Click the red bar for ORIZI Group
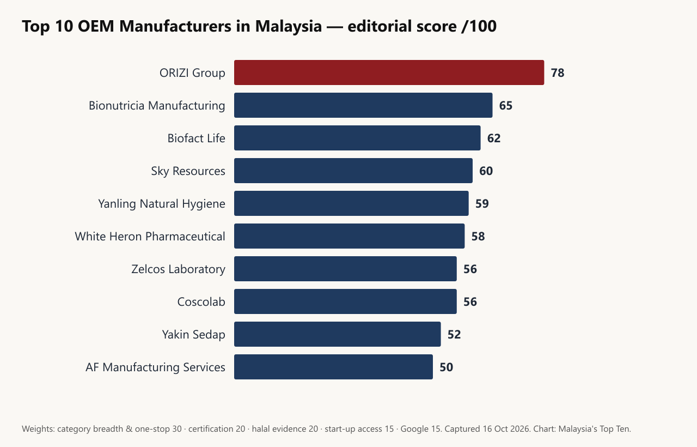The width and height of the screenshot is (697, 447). (x=389, y=73)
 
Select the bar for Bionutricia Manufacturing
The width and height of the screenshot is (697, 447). (x=363, y=105)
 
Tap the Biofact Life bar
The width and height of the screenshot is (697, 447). (x=357, y=138)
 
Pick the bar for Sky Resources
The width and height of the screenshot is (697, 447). (x=353, y=171)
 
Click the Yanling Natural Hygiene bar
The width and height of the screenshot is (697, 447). (x=351, y=203)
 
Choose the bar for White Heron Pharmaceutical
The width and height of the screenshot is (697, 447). (x=350, y=236)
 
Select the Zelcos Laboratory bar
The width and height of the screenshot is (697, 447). (x=345, y=269)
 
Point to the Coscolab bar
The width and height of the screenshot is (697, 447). (x=345, y=301)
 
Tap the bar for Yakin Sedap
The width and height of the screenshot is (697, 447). (x=337, y=334)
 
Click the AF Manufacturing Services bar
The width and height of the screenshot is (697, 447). (x=333, y=367)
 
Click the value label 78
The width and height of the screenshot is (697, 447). (x=558, y=73)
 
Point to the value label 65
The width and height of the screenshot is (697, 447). (x=506, y=106)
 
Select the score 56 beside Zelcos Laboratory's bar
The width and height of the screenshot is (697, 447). (x=470, y=269)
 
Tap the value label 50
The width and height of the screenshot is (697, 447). (x=446, y=367)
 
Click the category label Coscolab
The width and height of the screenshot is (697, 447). (x=201, y=302)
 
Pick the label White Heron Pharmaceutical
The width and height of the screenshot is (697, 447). (x=150, y=237)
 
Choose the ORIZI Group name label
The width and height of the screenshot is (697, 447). (x=192, y=73)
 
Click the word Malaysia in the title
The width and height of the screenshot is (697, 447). (x=289, y=26)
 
